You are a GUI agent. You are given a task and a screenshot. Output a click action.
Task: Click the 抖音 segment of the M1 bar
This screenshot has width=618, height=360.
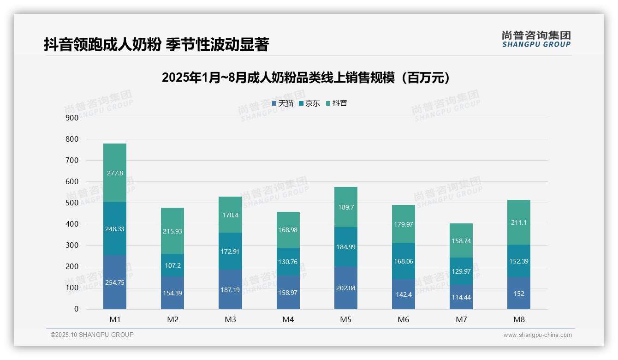click(x=115, y=173)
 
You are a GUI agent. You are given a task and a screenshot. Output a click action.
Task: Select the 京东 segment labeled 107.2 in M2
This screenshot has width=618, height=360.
click(x=172, y=265)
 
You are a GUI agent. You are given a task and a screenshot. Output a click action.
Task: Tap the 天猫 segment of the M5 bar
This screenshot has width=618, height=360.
click(x=345, y=288)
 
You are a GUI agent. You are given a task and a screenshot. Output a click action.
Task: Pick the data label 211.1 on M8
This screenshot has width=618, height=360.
click(x=519, y=222)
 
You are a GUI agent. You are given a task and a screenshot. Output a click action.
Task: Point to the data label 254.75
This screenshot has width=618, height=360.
click(x=115, y=282)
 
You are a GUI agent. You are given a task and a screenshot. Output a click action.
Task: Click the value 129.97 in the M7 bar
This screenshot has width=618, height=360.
click(x=461, y=271)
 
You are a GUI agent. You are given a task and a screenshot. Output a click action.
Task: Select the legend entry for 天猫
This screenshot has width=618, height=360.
click(x=283, y=103)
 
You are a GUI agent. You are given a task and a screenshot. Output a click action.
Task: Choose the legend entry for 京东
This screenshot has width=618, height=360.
click(x=309, y=103)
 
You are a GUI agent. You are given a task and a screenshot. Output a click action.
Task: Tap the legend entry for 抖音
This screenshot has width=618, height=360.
click(x=337, y=103)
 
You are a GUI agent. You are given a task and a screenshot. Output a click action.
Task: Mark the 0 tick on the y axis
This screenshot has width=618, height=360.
click(x=76, y=309)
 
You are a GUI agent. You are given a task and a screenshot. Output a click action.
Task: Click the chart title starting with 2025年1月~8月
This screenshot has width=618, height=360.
click(x=306, y=78)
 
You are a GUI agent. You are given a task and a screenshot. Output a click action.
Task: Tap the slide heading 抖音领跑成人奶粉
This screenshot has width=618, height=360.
click(x=156, y=45)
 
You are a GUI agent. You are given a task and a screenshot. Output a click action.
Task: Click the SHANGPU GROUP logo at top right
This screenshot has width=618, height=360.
click(x=536, y=39)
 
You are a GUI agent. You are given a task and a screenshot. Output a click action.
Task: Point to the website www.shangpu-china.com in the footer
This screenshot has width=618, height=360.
click(x=537, y=335)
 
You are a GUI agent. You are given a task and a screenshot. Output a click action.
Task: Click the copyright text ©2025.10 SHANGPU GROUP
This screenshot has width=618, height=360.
click(x=92, y=335)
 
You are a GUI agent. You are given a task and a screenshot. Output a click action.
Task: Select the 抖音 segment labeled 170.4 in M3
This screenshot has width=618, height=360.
click(x=230, y=215)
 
